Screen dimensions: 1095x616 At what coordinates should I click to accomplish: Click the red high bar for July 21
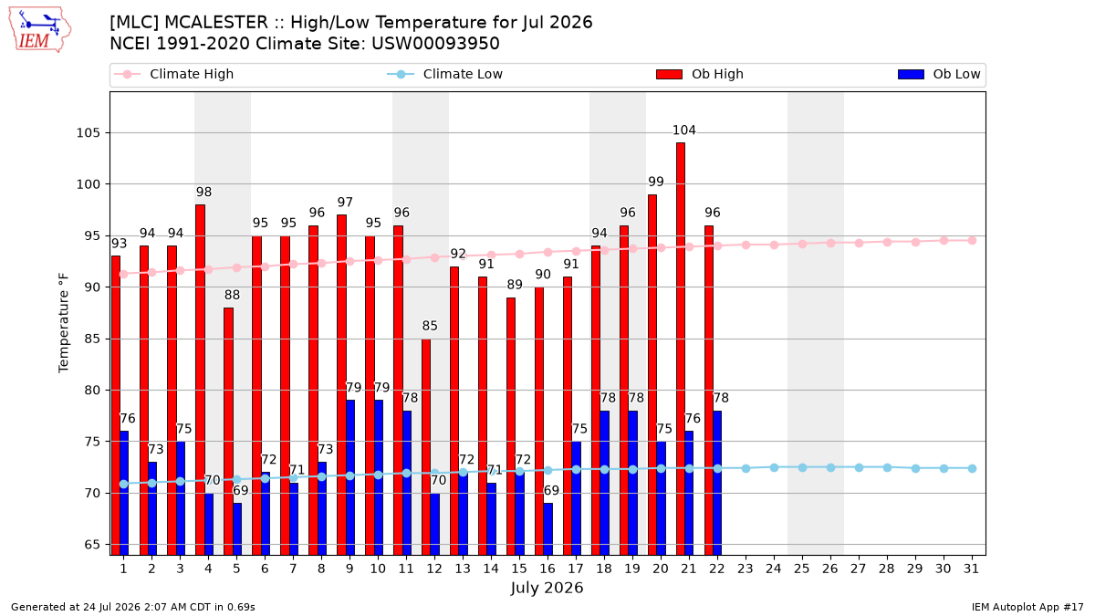coord(681,349)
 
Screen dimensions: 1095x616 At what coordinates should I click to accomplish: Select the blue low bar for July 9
coord(350,477)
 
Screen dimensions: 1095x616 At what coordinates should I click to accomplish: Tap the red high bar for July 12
coord(426,447)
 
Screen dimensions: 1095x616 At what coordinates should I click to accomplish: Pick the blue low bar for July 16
coord(548,529)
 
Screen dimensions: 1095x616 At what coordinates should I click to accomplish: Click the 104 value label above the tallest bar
coord(683,130)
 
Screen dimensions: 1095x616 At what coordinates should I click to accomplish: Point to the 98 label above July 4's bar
coord(203,192)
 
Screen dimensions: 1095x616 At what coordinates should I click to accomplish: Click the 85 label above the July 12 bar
coord(430,326)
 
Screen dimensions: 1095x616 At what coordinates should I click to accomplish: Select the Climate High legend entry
coord(174,74)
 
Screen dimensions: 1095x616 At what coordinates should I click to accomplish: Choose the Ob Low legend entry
coord(939,74)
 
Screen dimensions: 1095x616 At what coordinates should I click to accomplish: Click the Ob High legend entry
coord(700,74)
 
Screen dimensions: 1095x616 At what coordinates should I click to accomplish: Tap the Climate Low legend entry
coord(445,74)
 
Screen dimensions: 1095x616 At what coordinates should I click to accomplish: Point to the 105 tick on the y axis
coord(88,133)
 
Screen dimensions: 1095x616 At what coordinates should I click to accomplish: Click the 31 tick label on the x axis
coord(971,569)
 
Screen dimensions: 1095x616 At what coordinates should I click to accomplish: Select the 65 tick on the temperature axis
coord(92,545)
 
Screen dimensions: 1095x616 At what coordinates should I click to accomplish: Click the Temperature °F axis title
coord(64,323)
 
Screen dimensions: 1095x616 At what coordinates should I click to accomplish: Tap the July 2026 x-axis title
coord(547,588)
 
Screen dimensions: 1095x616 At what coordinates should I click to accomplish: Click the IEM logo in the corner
coord(39,30)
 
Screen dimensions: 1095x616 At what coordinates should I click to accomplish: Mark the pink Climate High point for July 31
coord(973,241)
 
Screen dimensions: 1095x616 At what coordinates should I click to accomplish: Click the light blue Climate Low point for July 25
coord(802,468)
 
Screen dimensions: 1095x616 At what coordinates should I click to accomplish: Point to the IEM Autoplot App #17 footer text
coord(1027,607)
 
